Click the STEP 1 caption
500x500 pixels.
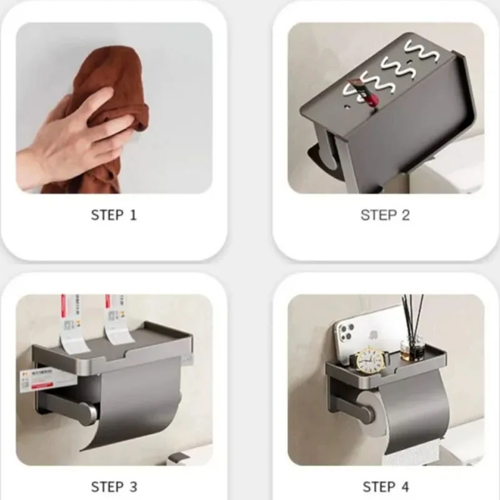click(113, 215)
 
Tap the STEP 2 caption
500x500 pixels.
click(385, 215)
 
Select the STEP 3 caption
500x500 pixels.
click(113, 486)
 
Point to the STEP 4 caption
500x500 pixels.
click(385, 486)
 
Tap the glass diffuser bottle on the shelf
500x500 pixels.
click(412, 348)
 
